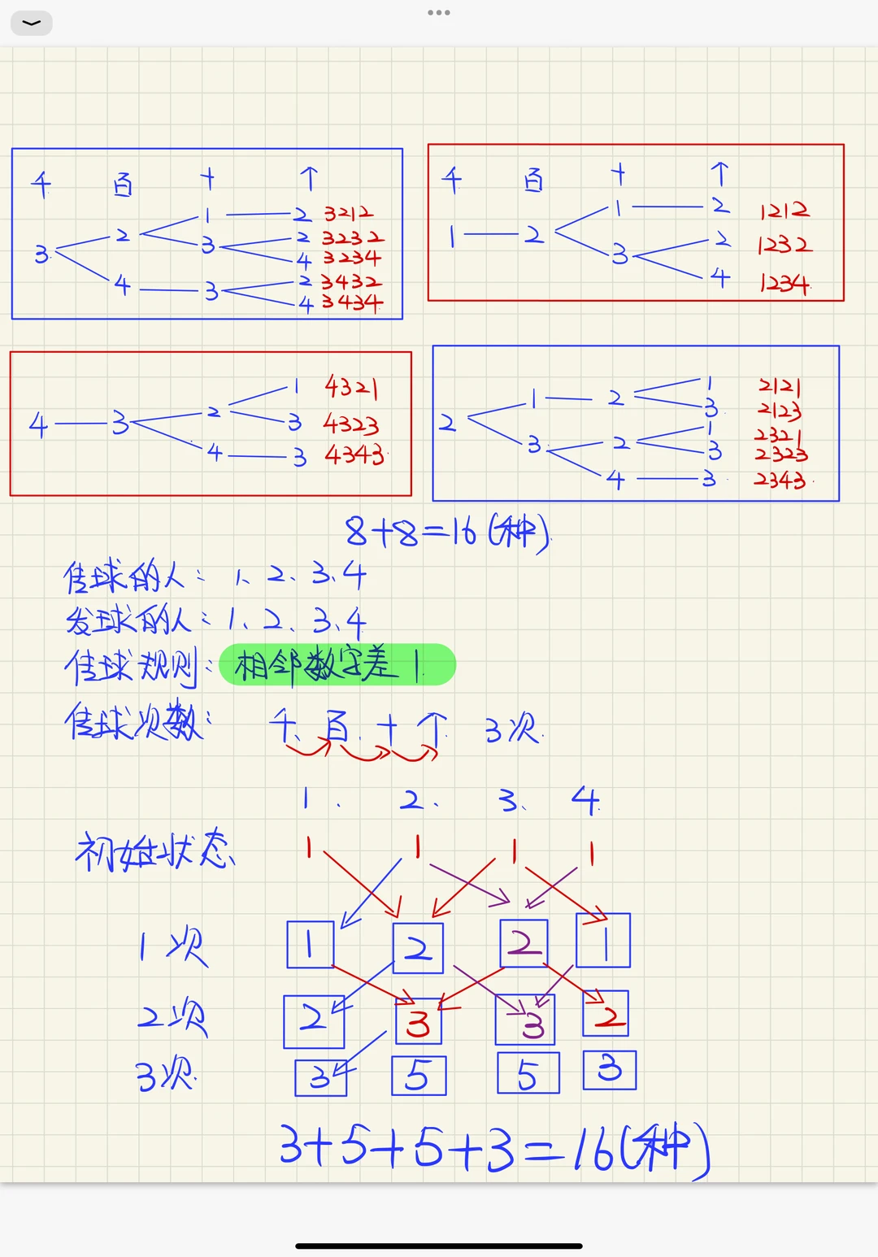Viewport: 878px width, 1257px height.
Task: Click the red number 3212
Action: point(348,214)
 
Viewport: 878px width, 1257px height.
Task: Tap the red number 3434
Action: point(351,303)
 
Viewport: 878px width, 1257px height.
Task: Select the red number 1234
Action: point(785,283)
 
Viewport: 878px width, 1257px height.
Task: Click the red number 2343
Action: point(780,480)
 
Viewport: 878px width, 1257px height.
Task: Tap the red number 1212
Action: point(785,211)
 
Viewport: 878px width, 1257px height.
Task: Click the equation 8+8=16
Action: point(448,533)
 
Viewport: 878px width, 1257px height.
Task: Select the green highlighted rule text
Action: point(337,665)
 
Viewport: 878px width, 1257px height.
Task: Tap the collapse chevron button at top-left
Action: point(32,23)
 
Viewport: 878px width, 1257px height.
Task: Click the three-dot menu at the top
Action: point(439,13)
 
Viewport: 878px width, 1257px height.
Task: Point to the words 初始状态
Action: point(155,851)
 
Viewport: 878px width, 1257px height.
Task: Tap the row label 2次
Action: point(172,1017)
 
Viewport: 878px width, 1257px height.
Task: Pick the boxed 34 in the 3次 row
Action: point(320,1077)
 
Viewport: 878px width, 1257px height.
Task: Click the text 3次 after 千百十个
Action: point(513,729)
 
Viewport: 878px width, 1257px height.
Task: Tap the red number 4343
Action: point(354,455)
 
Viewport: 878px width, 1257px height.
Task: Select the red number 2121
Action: point(779,385)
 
